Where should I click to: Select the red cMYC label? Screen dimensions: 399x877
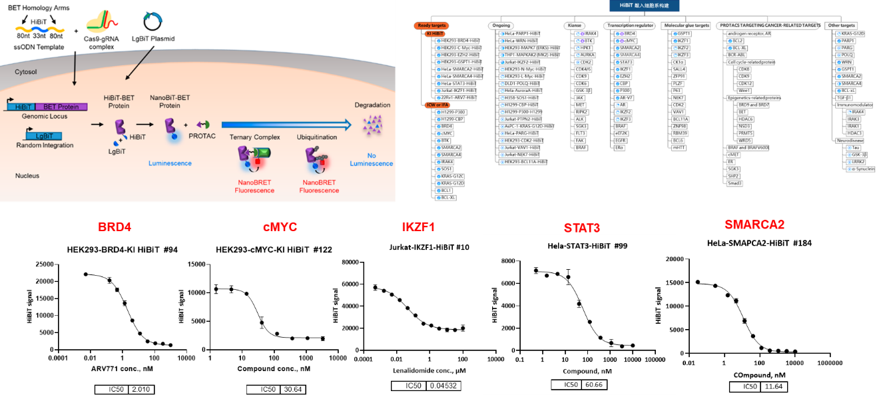(280, 228)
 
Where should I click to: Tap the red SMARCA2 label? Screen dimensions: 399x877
(754, 224)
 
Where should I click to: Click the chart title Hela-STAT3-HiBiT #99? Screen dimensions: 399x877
(578, 246)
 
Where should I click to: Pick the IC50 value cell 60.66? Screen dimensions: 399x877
(594, 384)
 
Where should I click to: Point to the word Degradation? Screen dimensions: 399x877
(372, 105)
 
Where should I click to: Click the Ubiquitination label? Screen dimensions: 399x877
(317, 137)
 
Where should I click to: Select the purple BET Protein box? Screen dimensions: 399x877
(61, 107)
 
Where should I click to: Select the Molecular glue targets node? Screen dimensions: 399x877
(686, 25)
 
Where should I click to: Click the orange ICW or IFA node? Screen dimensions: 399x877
(437, 105)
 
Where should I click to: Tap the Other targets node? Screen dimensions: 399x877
(840, 25)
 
